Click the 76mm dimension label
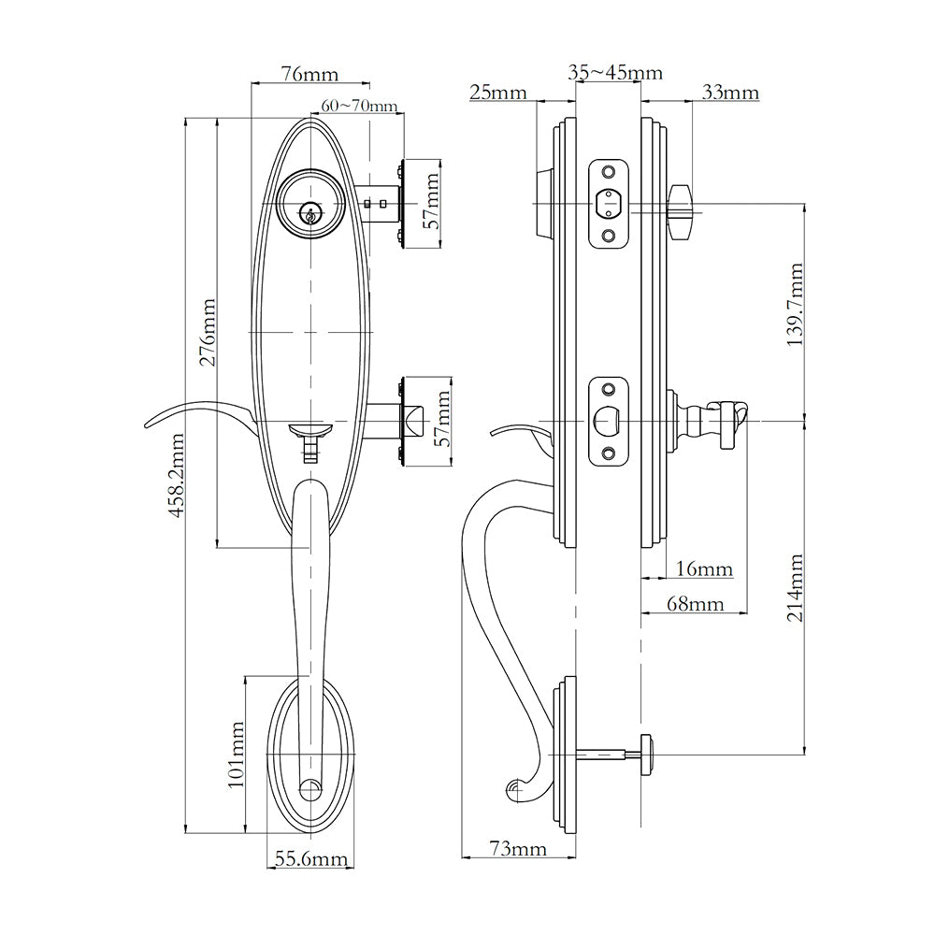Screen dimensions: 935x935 [309, 74]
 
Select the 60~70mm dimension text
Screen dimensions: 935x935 [359, 106]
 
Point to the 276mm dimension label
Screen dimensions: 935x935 [208, 332]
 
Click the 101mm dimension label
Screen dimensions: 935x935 [236, 755]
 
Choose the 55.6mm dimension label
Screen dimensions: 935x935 [309, 858]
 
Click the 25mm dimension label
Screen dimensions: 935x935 [497, 93]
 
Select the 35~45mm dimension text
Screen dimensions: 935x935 [615, 73]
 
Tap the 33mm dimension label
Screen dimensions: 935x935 [729, 93]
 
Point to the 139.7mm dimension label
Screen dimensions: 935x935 [795, 306]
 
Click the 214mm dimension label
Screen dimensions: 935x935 [795, 588]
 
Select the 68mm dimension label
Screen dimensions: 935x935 [695, 604]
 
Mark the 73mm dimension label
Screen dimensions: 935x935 [517, 848]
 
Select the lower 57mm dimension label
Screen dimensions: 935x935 [443, 418]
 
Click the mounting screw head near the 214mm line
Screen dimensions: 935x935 [645, 745]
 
